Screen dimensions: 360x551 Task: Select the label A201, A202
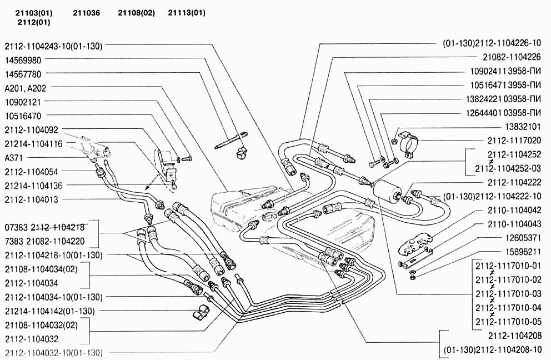pos(26,88)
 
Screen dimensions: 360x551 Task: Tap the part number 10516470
pos(26,116)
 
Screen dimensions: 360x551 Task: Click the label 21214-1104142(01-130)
pos(49,311)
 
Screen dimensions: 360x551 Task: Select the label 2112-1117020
pos(514,141)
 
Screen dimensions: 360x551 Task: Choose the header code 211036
pos(86,13)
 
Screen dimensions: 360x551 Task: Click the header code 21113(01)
pos(187,13)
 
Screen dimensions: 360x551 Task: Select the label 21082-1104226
pos(512,56)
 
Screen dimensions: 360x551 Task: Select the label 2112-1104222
pos(514,182)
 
